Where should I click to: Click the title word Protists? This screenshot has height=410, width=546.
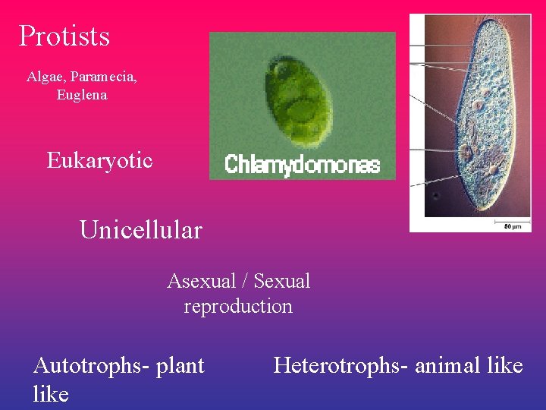tap(64, 36)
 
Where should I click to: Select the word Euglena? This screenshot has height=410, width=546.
tap(81, 95)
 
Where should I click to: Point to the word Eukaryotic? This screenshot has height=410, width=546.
tap(99, 160)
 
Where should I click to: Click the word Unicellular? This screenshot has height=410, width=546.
tap(141, 230)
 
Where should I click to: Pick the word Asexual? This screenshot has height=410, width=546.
tap(201, 281)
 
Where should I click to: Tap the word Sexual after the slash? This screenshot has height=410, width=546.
tap(282, 281)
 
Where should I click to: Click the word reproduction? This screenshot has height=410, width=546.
tap(238, 307)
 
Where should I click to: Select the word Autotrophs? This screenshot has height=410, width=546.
tap(91, 366)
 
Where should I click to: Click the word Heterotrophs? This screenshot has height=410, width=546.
tap(337, 366)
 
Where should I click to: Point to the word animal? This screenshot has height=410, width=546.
tap(447, 366)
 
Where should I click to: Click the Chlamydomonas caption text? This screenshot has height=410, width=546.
tap(302, 166)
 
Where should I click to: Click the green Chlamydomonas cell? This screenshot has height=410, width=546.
tap(298, 103)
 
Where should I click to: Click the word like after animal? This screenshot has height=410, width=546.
tap(505, 366)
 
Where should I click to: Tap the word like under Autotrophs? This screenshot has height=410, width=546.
tap(51, 394)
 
